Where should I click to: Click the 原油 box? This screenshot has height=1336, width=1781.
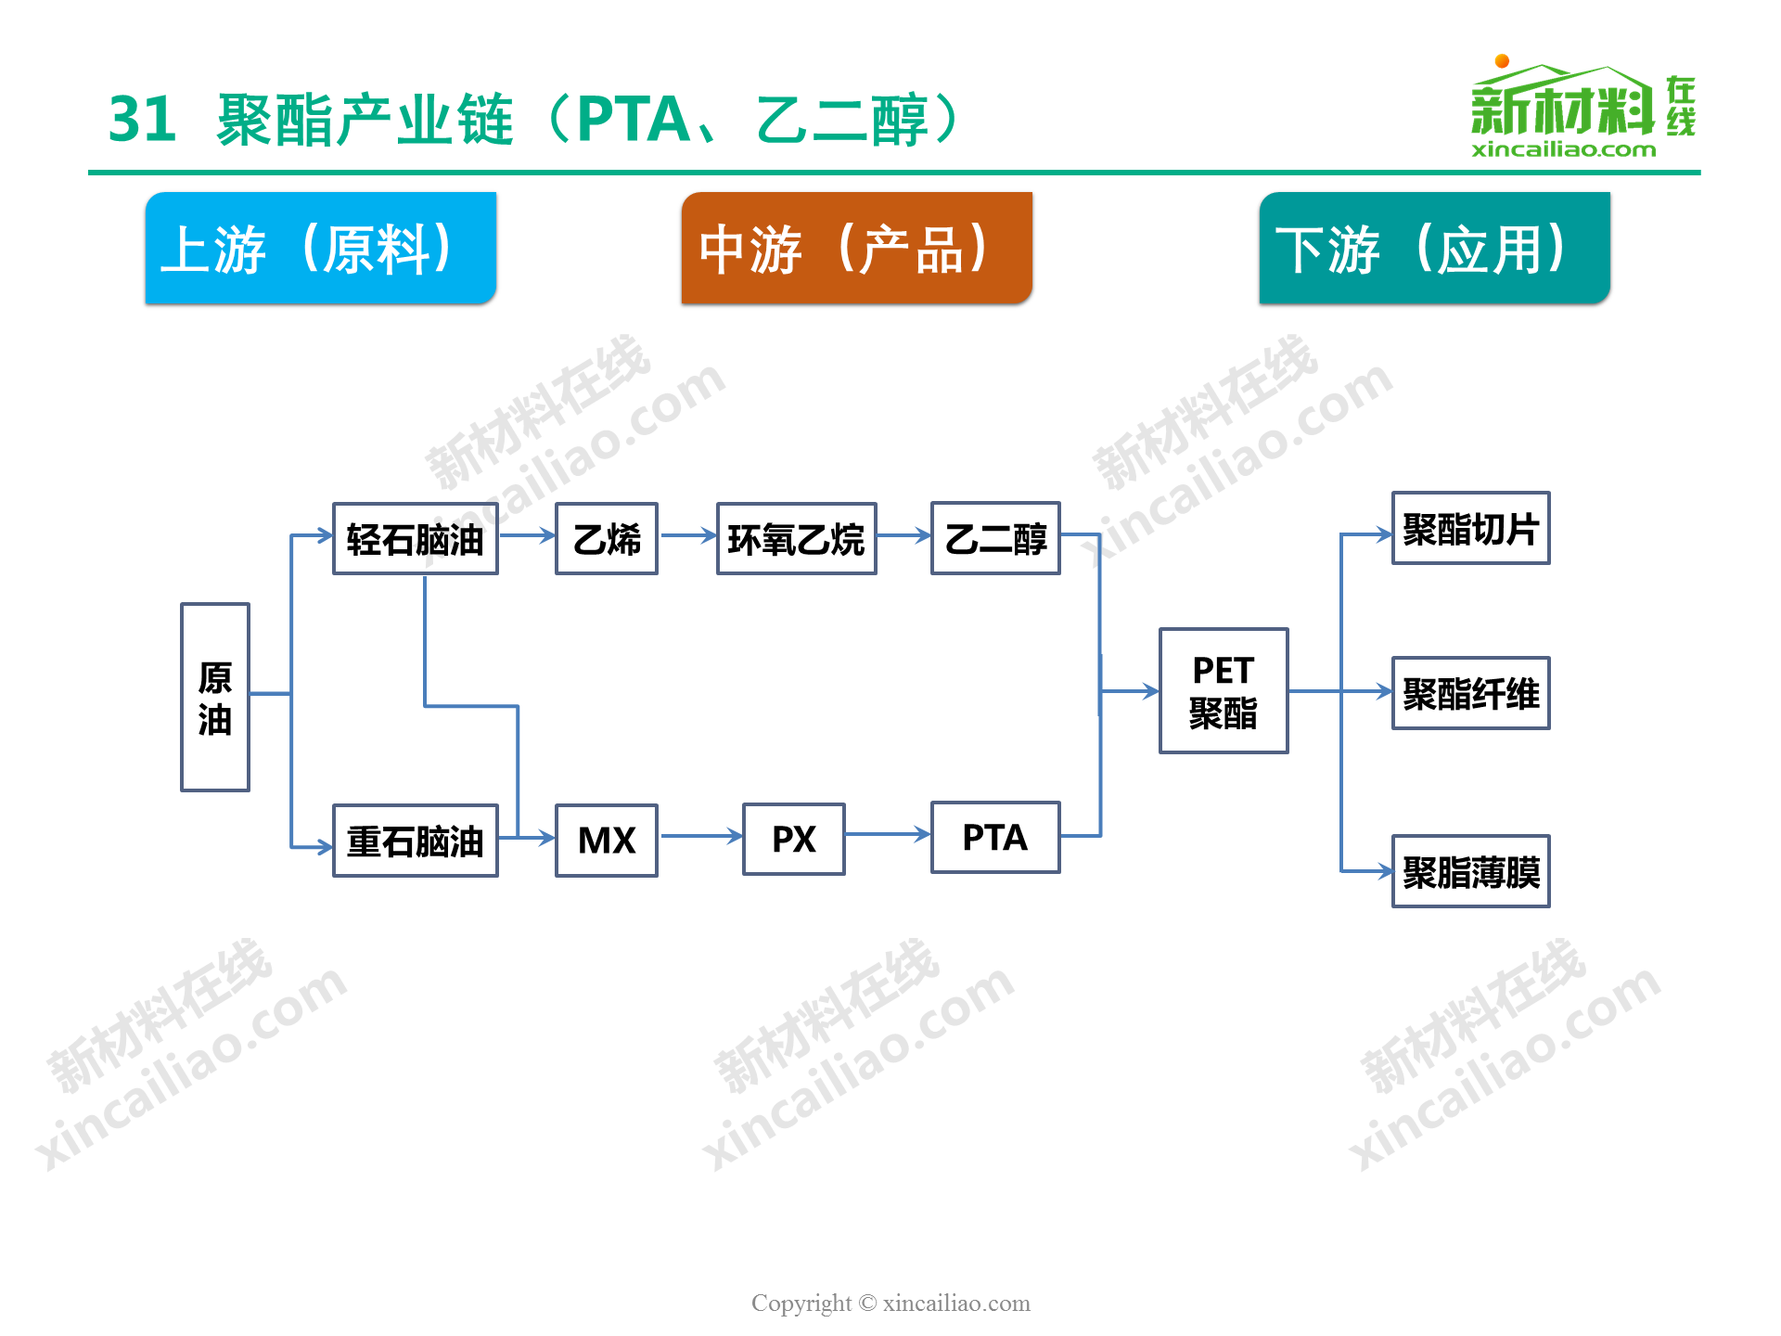[215, 697]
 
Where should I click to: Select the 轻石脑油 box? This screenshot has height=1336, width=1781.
[416, 539]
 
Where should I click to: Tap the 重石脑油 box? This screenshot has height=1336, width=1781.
[416, 841]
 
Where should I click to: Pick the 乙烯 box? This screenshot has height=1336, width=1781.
[607, 539]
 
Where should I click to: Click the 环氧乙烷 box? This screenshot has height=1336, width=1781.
[797, 539]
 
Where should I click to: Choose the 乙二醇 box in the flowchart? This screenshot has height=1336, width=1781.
[996, 538]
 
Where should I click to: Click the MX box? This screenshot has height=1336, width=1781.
[607, 841]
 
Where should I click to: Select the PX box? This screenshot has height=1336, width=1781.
[794, 839]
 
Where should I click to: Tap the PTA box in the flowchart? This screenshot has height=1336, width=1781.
[996, 838]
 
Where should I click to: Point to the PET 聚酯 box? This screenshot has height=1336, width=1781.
[1224, 691]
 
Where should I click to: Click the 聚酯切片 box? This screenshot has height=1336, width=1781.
[1471, 528]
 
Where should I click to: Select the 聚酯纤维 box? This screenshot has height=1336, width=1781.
[1471, 693]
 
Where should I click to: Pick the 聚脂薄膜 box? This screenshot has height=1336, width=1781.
[1471, 871]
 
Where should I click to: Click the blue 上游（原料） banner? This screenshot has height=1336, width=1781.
[321, 248]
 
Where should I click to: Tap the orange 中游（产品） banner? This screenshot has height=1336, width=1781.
[857, 248]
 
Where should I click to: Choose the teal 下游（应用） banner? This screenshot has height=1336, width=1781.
[1435, 248]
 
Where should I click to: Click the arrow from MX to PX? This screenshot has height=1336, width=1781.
[701, 836]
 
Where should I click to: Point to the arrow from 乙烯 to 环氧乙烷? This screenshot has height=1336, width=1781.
[688, 535]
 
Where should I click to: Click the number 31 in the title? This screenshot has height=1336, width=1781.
[143, 120]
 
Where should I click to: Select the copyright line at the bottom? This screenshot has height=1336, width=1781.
[890, 1304]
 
